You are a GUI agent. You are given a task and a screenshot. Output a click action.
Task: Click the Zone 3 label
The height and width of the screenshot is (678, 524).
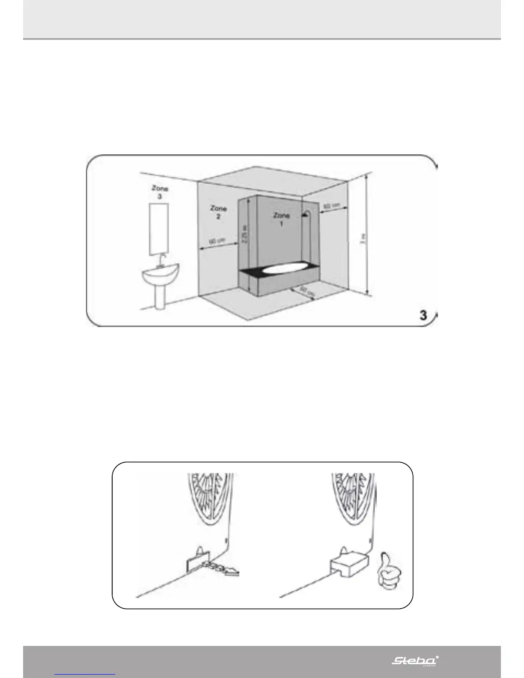click(x=160, y=192)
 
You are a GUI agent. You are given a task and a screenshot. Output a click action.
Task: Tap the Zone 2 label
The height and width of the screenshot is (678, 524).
click(x=218, y=212)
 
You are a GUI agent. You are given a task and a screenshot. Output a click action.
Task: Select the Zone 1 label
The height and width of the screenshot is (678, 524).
click(x=282, y=219)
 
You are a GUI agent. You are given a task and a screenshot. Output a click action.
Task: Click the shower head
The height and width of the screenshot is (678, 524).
click(x=306, y=214)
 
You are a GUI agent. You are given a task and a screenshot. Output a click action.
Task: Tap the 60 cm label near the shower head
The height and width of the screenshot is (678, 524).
click(x=332, y=206)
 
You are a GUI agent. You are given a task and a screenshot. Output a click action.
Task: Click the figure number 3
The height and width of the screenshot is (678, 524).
click(x=423, y=315)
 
